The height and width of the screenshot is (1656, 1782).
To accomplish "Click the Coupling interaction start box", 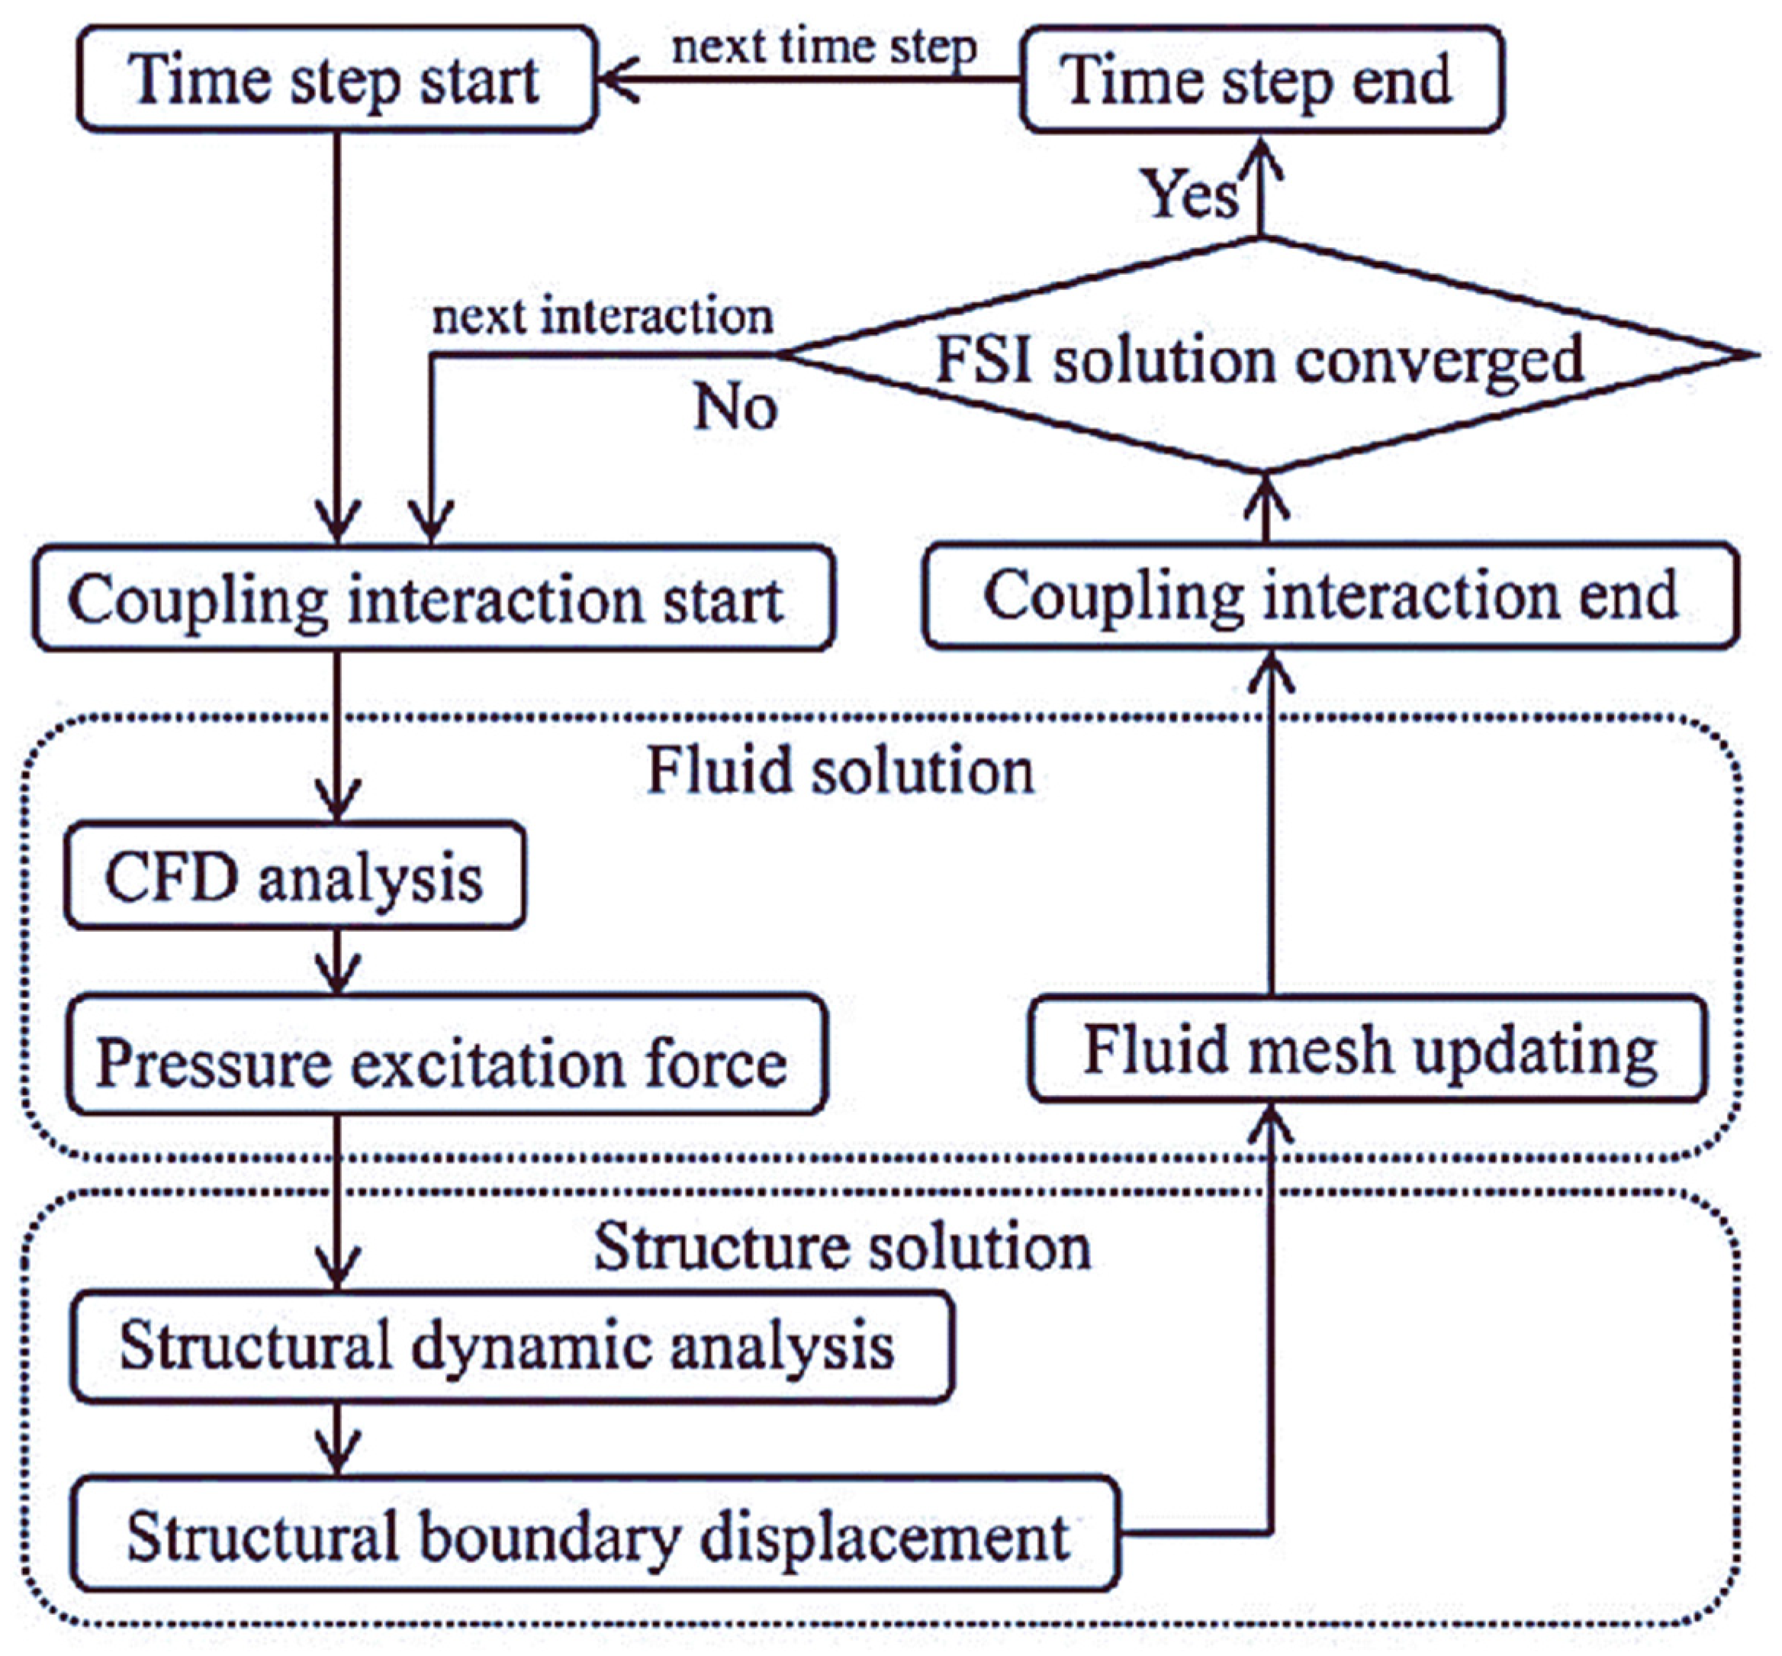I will (433, 598).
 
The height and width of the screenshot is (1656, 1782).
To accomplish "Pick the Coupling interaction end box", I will (1330, 596).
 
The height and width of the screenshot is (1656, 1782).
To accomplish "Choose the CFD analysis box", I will (294, 876).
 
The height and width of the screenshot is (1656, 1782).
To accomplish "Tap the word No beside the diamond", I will (735, 408).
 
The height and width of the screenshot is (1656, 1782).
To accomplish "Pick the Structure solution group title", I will (842, 1246).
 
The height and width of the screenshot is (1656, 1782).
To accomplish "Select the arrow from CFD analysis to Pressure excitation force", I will (337, 962).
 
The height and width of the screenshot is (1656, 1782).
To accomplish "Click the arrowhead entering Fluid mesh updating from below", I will (1270, 1120).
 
